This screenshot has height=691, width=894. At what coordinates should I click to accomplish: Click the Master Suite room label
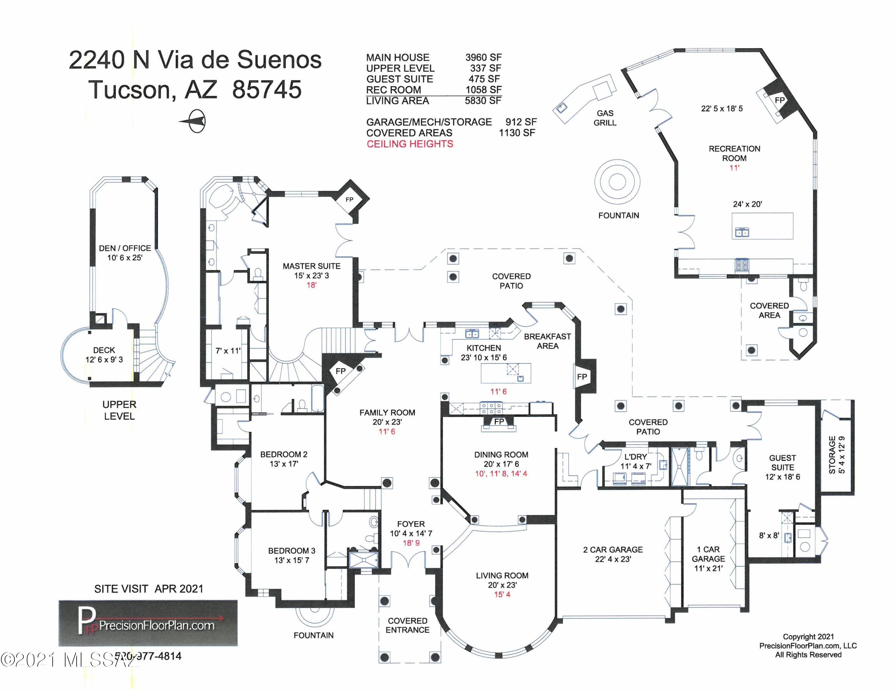tap(311, 266)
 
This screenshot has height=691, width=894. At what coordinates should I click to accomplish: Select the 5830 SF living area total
tap(483, 101)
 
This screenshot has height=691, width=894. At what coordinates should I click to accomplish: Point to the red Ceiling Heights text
tap(410, 144)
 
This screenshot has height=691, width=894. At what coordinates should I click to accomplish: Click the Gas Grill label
tap(605, 118)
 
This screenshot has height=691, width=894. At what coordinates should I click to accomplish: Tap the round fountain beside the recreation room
tap(617, 182)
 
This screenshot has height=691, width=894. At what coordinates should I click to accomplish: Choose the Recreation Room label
tap(734, 154)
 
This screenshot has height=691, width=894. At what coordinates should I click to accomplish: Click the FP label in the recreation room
tap(780, 100)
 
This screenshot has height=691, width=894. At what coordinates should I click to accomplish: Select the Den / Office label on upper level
tap(125, 248)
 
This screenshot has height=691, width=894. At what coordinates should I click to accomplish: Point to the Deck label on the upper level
tap(104, 350)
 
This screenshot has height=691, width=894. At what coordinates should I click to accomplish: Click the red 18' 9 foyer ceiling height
tap(411, 543)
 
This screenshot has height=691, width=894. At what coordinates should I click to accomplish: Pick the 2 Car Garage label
tap(613, 549)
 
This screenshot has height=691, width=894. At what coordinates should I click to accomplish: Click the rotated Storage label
tap(832, 455)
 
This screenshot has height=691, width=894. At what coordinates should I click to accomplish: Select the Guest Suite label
tap(783, 463)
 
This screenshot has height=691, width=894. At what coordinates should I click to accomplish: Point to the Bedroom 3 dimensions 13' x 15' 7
tap(291, 560)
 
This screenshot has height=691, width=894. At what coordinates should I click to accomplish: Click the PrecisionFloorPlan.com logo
tap(148, 623)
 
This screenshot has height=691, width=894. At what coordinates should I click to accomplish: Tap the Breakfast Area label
tap(547, 341)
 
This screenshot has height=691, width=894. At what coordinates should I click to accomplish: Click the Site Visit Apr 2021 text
tap(149, 589)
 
